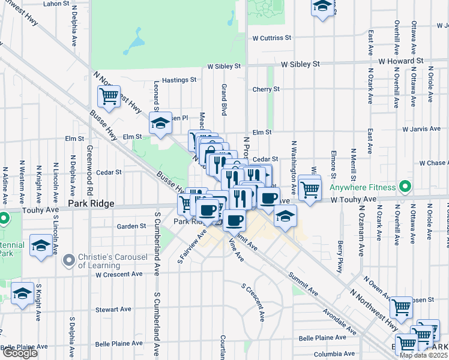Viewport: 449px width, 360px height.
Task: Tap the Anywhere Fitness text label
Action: coord(364,188)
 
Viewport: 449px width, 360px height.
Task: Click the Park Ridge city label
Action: coord(91,204)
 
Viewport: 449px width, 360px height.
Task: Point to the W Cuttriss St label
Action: coord(271,37)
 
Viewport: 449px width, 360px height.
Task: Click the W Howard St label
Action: coord(401,61)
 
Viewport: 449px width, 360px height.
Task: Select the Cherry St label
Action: coord(266,89)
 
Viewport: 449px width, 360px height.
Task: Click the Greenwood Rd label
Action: coord(89,165)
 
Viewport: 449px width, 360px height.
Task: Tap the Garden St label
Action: coord(131,226)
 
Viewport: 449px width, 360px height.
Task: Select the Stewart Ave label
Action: coord(113,309)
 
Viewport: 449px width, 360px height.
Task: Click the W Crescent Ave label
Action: coord(119,274)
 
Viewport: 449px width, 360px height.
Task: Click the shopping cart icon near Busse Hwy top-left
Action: coord(109,96)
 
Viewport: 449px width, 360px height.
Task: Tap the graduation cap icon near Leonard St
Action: coord(160,123)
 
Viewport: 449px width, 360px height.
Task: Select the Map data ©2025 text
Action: coord(423,355)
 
